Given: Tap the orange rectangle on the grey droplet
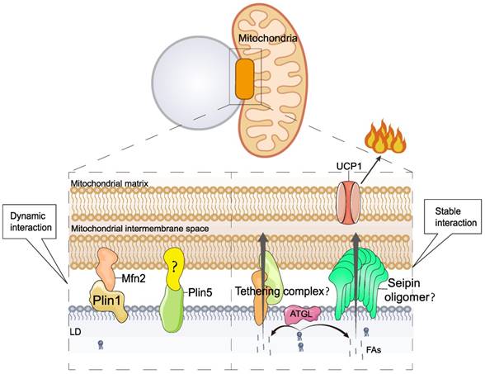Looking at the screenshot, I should [244, 76].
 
